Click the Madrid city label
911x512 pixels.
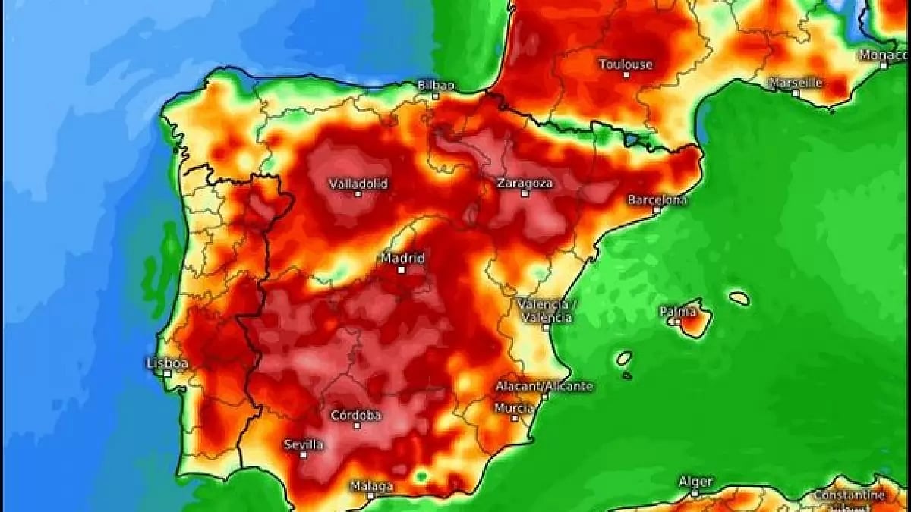point(402,258)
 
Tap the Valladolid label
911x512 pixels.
point(358,184)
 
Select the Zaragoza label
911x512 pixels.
point(525,183)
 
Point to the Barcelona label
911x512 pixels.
point(657,199)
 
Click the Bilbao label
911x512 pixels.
point(436,85)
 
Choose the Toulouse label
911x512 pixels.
point(626,64)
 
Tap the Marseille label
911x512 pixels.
point(796,82)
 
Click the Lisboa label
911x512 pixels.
point(167,363)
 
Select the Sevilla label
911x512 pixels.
point(304,444)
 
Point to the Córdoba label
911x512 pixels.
point(356,416)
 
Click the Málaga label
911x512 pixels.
point(371,486)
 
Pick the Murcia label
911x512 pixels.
point(514,408)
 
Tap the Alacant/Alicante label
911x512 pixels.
point(544,386)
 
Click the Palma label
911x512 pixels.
point(676,311)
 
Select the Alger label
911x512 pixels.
point(695,482)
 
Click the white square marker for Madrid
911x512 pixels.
point(402,269)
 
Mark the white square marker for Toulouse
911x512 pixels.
point(626,74)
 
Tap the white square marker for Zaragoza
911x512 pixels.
point(525,193)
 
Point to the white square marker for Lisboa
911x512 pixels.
point(167,373)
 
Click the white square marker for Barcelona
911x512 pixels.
point(657,210)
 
